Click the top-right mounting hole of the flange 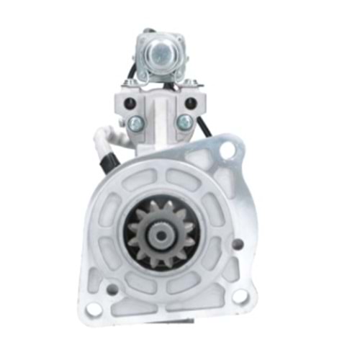(228, 152)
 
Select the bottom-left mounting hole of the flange (94, 310)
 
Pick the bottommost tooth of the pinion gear (160, 266)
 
